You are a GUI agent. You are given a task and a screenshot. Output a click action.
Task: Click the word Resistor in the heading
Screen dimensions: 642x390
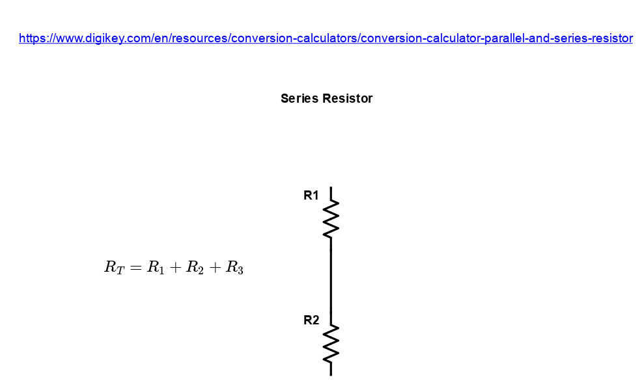[347, 99]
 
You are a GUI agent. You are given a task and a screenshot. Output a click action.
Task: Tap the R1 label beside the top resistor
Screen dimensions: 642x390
[311, 196]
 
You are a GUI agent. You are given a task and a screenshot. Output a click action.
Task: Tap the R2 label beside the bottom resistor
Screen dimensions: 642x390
[311, 320]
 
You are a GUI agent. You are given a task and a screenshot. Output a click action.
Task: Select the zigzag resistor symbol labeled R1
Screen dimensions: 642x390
[331, 218]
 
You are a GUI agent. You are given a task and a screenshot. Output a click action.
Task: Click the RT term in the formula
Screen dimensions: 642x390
[114, 268]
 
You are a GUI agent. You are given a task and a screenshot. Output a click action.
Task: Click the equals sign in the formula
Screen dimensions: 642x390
[135, 268]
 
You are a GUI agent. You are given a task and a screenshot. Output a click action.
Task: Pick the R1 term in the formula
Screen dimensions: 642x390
[156, 268]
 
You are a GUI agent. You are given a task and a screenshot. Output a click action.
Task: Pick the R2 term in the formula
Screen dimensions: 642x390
[195, 268]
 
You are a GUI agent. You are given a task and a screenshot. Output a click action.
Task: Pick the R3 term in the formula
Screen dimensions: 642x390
[234, 268]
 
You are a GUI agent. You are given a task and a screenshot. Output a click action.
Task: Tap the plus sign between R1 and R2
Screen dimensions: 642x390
[175, 268]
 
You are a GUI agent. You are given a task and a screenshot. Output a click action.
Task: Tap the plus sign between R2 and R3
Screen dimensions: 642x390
[215, 268]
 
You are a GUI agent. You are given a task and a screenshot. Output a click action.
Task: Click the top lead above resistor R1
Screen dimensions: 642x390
[331, 193]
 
